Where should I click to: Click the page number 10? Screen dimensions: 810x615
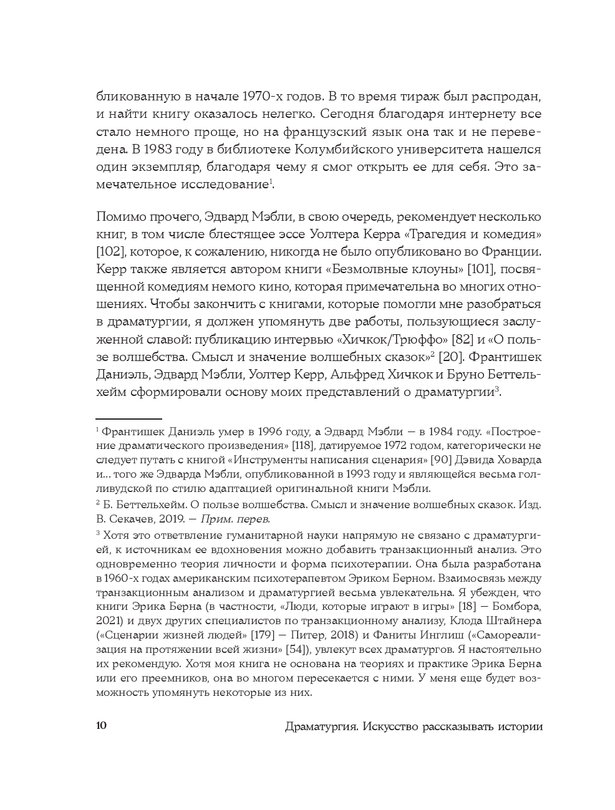click(102, 727)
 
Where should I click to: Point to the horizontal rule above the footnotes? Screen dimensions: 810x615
click(128, 420)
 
